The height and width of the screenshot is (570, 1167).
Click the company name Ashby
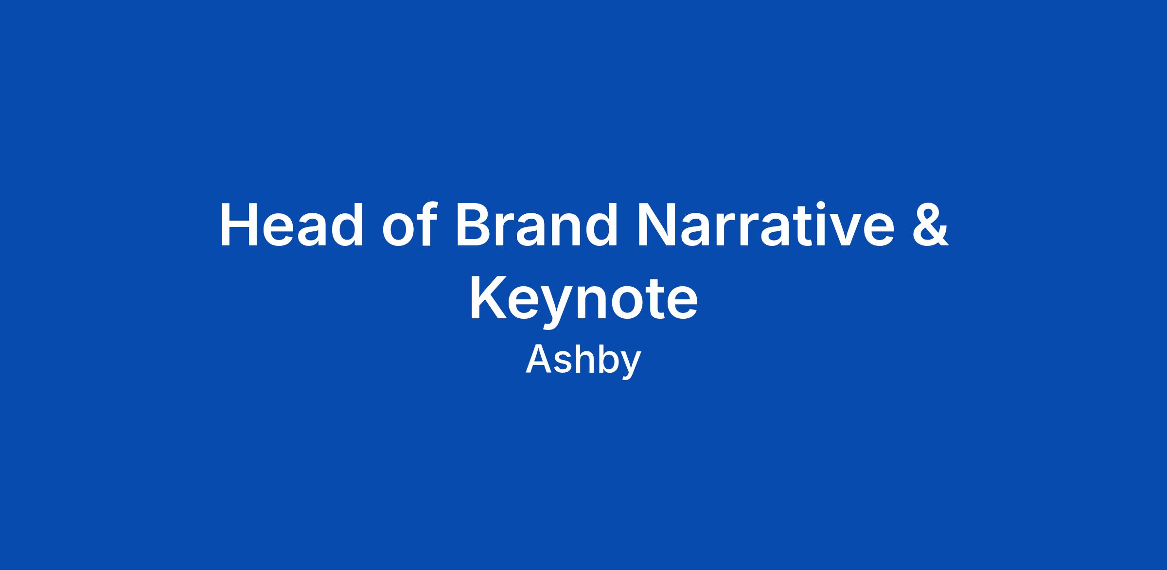click(583, 361)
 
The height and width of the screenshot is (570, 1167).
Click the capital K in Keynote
click(488, 298)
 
